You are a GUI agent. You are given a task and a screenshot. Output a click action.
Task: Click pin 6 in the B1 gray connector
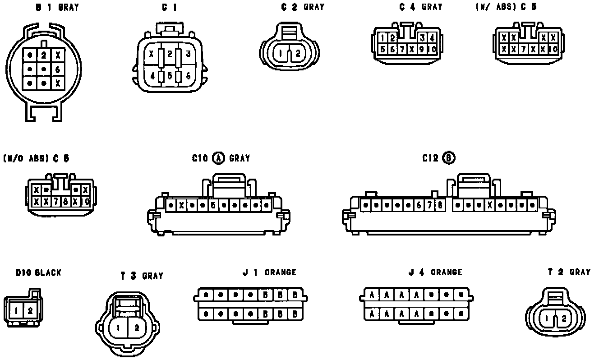point(58,69)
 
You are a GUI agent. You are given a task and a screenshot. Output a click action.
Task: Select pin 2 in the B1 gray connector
point(44,55)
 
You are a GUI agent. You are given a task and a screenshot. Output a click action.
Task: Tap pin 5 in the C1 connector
point(170,76)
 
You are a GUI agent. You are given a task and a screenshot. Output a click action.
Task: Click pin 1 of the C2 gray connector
point(281,54)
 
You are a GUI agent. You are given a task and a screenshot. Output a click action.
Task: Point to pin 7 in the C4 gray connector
point(402,49)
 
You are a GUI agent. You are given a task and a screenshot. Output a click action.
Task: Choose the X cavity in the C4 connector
point(412,49)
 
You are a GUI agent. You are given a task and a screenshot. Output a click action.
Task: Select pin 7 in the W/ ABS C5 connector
point(523,49)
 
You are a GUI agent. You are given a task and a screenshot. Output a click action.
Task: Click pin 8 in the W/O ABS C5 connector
point(66,201)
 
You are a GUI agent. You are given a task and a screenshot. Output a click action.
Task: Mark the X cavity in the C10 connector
point(181,205)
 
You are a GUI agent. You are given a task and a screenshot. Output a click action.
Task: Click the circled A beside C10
point(218,158)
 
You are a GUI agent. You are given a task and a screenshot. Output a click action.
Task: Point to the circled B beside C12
point(449,158)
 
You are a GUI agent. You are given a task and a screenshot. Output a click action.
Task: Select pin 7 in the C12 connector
point(430,205)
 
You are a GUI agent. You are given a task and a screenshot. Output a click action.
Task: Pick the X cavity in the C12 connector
point(490,205)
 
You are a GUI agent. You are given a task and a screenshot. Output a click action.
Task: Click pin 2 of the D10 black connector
point(30,310)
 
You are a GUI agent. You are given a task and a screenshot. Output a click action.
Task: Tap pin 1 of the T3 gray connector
point(118,328)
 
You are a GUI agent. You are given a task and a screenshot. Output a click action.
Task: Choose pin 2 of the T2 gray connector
point(563,318)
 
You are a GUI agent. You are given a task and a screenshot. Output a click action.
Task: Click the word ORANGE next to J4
point(446,272)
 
